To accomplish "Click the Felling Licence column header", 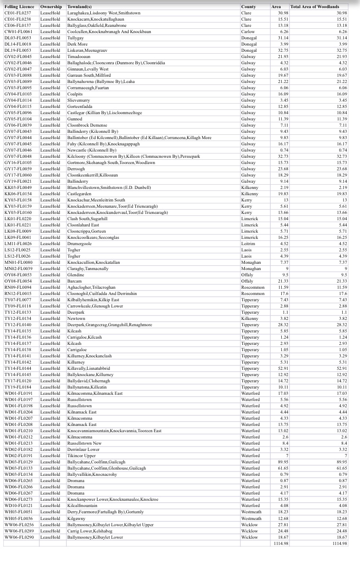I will pyautogui.click(x=19, y=7).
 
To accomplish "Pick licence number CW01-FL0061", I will pyautogui.click(x=18, y=31).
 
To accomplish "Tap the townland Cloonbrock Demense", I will pyautogui.click(x=87, y=125).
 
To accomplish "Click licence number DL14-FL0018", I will pyautogui.click(x=18, y=44).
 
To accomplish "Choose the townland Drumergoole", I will pyautogui.click(x=79, y=243).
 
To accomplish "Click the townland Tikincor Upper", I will pyautogui.click(x=82, y=455).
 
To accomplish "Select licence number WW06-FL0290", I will pyautogui.click(x=19, y=537).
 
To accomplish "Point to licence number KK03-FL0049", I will pyautogui.click(x=18, y=187).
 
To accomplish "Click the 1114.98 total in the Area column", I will pyautogui.click(x=280, y=543).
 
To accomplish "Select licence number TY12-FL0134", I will pyautogui.click(x=18, y=318).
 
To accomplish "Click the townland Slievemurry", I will pyautogui.click(x=79, y=100).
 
